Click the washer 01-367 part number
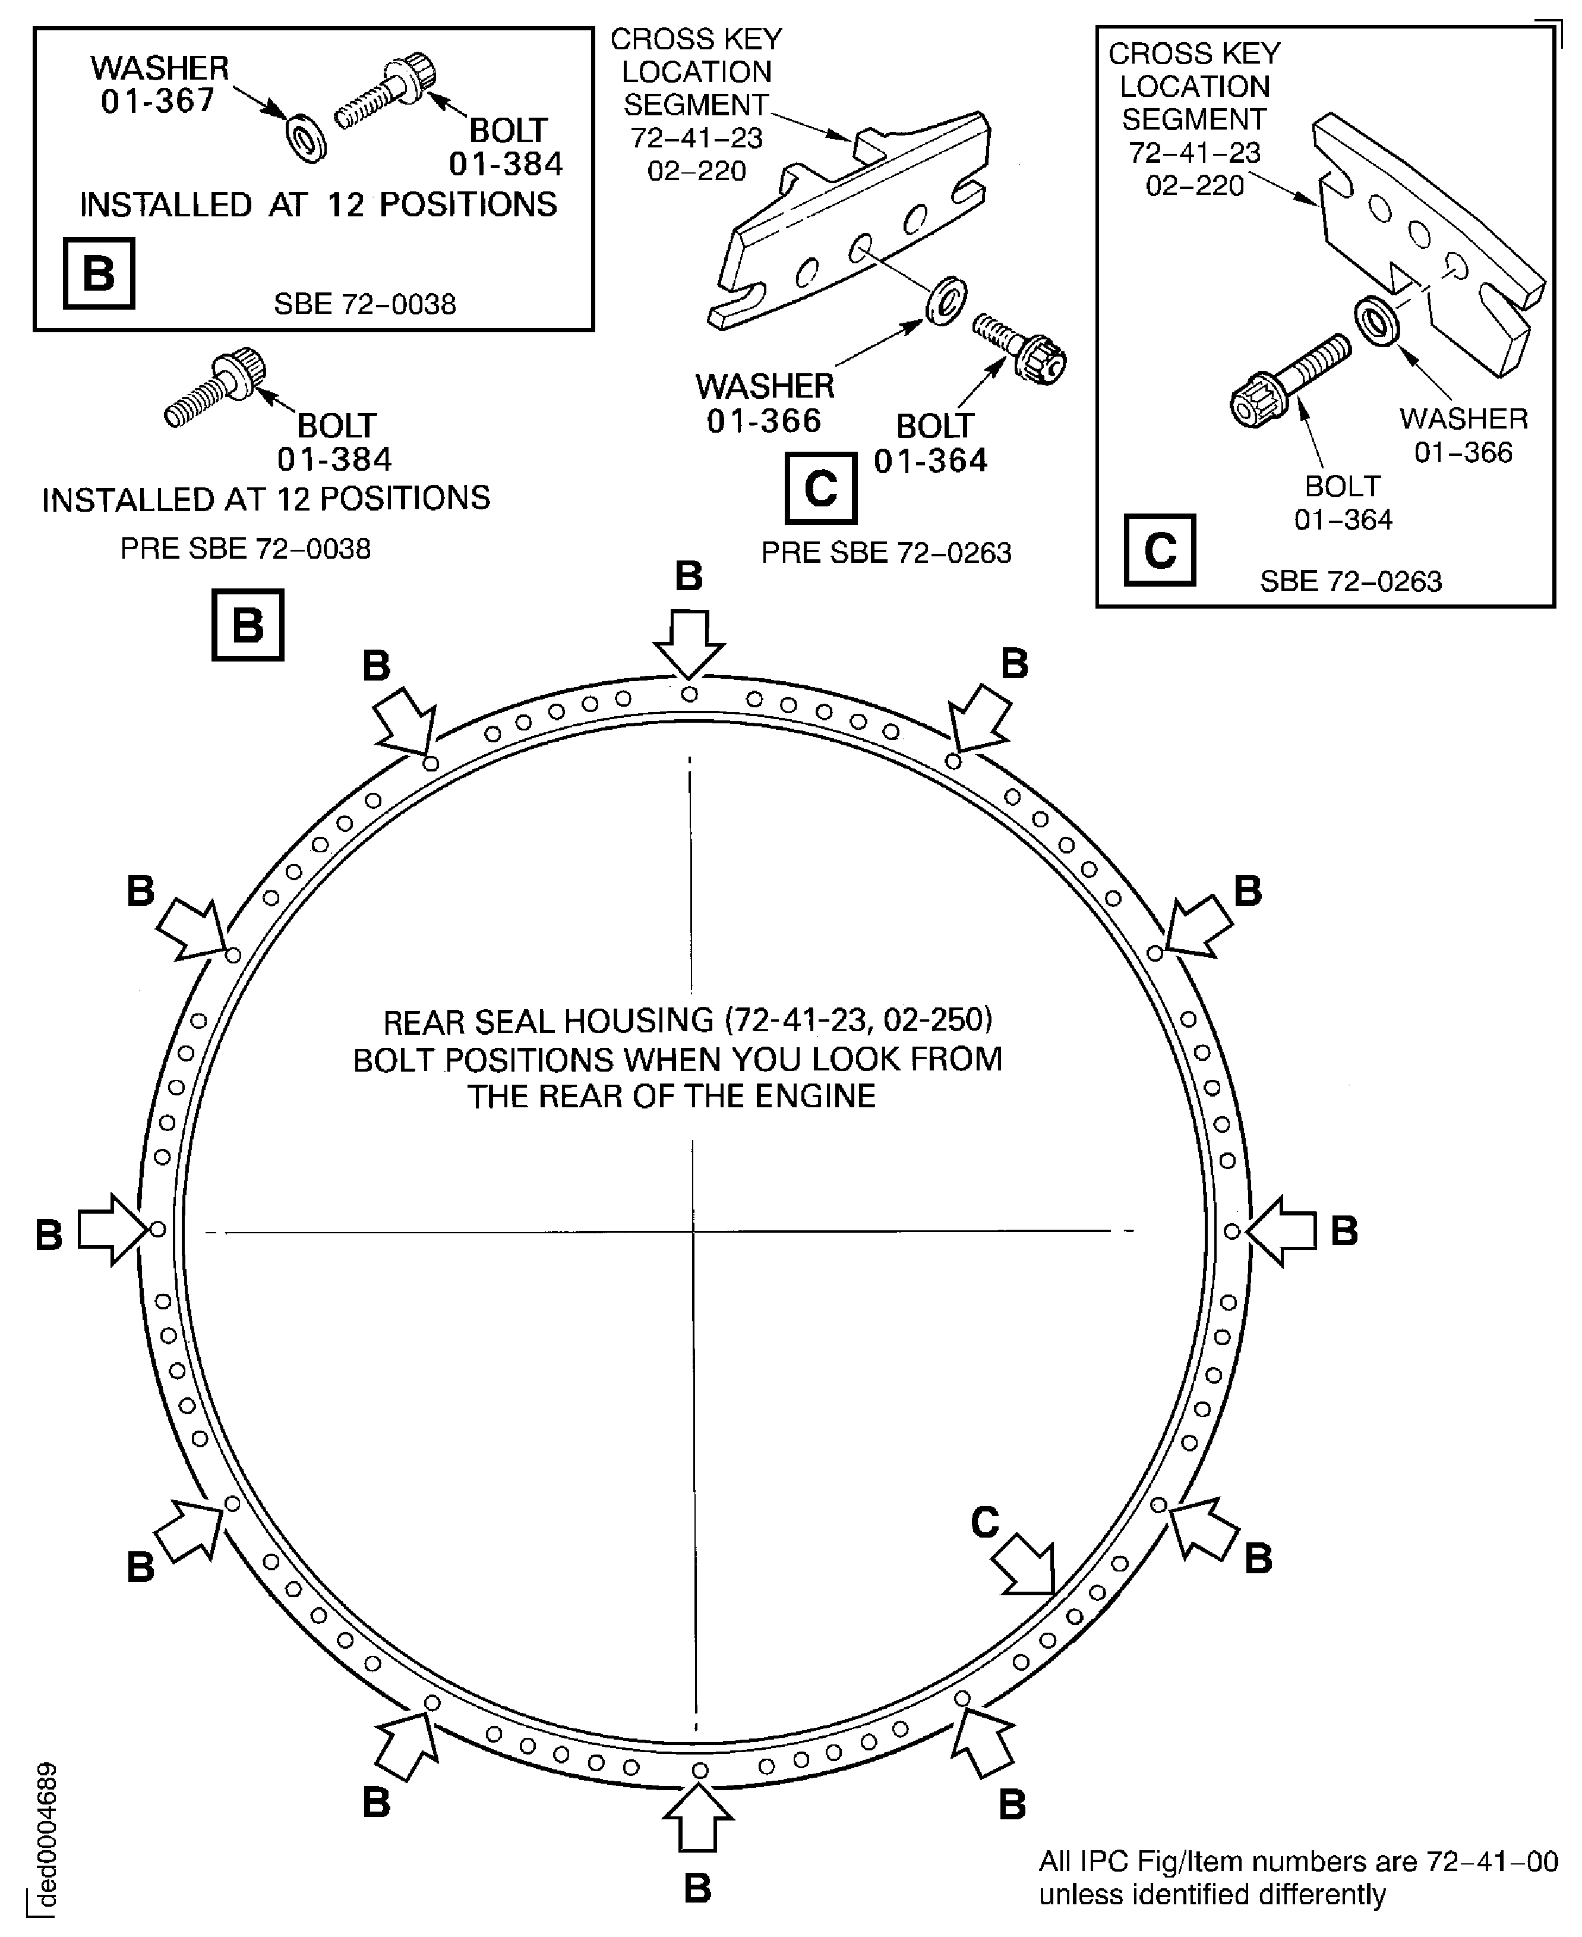pyautogui.click(x=157, y=101)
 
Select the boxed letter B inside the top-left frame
pyautogui.click(x=99, y=273)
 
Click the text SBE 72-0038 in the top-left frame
pyautogui.click(x=365, y=304)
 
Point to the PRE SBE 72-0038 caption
pyautogui.click(x=245, y=549)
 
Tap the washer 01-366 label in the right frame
pyautogui.click(x=1463, y=436)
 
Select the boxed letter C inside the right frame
pyautogui.click(x=1159, y=550)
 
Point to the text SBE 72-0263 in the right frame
pyautogui.click(x=1350, y=581)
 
